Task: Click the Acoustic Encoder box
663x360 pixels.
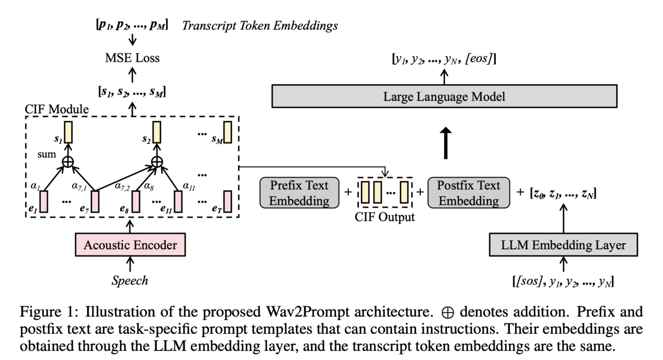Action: (130, 245)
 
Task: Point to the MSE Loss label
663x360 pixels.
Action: (132, 57)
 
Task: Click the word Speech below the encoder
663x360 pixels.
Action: (130, 281)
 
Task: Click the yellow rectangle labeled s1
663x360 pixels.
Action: (68, 132)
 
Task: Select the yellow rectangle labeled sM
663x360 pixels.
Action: (228, 132)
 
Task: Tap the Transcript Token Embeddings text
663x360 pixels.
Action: (260, 25)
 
